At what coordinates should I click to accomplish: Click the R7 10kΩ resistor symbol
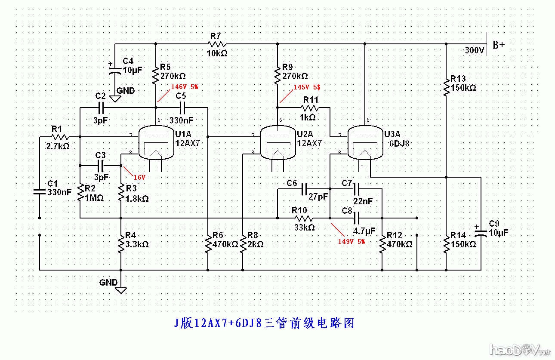pos(217,44)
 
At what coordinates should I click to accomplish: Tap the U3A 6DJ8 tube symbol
pos(365,142)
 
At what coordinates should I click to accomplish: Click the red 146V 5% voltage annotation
pos(185,86)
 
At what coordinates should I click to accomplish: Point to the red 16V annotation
pos(139,177)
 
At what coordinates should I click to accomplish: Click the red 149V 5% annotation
pos(351,242)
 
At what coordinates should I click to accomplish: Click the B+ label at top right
pos(499,45)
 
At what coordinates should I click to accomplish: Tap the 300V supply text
pos(475,50)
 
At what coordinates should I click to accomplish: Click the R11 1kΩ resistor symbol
pos(310,108)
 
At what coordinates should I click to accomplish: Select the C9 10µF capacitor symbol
pos(481,233)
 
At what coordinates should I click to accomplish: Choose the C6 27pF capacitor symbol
pos(304,188)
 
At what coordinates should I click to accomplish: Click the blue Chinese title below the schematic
pos(265,323)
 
